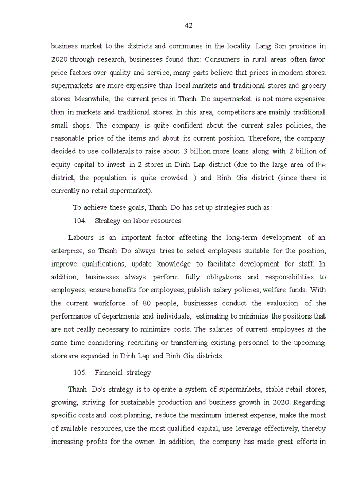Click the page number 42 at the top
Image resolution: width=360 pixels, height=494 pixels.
188,26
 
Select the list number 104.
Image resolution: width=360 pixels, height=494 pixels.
80,221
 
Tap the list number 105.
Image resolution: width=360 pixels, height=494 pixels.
80,373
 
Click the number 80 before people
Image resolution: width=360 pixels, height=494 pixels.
147,303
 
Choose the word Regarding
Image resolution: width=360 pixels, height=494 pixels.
310,402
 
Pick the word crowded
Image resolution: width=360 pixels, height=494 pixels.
173,178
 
